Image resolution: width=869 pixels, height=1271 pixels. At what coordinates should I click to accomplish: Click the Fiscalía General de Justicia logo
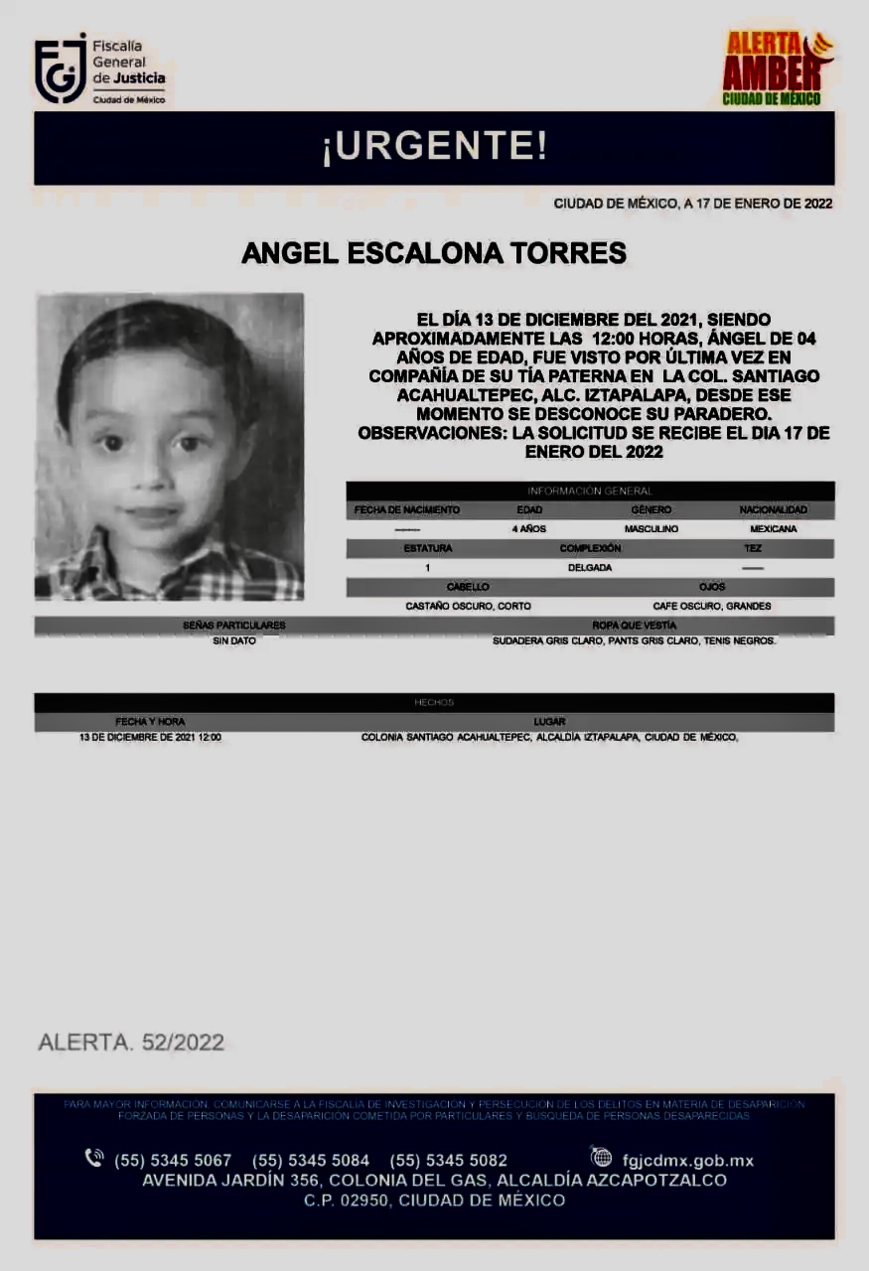click(x=99, y=71)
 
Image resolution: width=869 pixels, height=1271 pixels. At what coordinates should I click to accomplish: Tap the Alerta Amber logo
click(x=777, y=69)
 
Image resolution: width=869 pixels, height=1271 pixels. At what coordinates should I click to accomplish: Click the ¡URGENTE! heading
click(x=434, y=148)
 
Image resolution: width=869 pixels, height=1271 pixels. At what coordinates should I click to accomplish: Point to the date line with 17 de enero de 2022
click(x=692, y=204)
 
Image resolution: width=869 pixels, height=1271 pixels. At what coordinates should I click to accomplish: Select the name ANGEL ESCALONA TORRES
click(x=434, y=253)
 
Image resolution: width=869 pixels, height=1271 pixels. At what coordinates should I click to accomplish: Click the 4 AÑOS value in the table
click(x=528, y=529)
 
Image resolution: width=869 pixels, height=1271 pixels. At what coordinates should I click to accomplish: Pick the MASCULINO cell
click(x=651, y=529)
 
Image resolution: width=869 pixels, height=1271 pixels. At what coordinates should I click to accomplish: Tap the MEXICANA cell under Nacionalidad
click(x=773, y=529)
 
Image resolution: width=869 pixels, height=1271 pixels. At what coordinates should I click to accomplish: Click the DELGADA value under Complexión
click(x=590, y=568)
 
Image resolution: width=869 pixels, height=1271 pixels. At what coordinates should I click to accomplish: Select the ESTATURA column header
click(x=428, y=548)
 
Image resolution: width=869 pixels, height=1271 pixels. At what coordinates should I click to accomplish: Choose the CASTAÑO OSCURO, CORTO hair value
click(x=468, y=606)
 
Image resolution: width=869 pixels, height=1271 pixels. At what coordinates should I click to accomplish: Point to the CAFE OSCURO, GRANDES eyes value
click(x=711, y=606)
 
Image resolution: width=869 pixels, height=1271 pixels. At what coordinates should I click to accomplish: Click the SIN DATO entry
click(x=234, y=641)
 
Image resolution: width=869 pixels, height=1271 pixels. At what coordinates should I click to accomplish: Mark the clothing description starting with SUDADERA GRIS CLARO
click(x=634, y=641)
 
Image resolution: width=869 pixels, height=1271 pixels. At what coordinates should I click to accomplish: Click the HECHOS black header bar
click(x=434, y=702)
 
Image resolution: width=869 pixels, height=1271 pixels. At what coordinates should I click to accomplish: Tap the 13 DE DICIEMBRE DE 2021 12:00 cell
click(x=150, y=738)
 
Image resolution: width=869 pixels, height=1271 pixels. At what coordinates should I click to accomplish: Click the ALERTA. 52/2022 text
click(x=131, y=1043)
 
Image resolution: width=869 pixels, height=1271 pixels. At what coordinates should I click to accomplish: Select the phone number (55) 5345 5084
click(x=311, y=1160)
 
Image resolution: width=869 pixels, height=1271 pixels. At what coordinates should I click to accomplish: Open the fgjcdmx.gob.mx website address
click(x=687, y=1160)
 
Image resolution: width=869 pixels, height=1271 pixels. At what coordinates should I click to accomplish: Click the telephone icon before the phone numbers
click(x=94, y=1158)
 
